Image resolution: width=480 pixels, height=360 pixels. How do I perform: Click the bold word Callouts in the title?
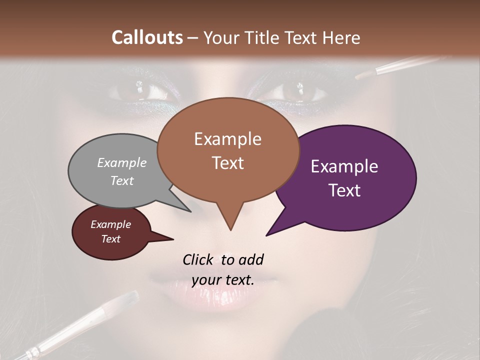[x=147, y=37]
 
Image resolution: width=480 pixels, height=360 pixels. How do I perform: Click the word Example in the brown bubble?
[x=227, y=139]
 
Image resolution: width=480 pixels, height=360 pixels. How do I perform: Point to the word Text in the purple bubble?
[x=345, y=190]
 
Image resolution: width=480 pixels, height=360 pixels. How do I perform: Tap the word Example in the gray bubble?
[x=122, y=162]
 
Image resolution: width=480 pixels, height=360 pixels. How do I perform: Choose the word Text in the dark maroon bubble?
[x=111, y=239]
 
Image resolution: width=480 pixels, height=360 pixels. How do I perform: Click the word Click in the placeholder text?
[x=199, y=259]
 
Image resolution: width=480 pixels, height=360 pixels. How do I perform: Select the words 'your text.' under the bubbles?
[x=223, y=279]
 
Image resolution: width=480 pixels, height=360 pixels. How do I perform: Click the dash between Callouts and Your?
[x=193, y=38]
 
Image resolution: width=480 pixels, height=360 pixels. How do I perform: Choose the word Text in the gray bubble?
[x=122, y=180]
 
